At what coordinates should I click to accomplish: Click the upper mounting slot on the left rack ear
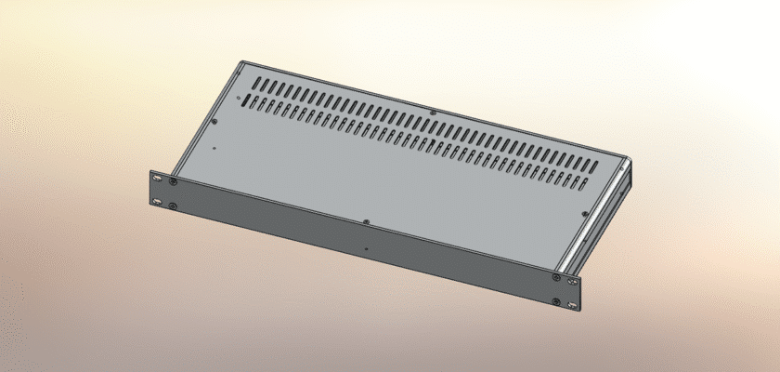pos(157,179)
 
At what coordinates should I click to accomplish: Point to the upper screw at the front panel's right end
pos(556,276)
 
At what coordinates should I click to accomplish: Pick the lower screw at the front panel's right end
pos(556,300)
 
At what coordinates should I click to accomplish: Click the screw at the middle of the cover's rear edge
pos(434,113)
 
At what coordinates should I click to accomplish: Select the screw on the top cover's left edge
pos(215,119)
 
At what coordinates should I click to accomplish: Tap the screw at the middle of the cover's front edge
pos(368,221)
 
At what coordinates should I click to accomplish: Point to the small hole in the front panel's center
pos(368,248)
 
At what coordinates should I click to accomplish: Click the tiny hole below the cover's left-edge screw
pos(213,146)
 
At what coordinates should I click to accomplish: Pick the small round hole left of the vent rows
pos(239,96)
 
